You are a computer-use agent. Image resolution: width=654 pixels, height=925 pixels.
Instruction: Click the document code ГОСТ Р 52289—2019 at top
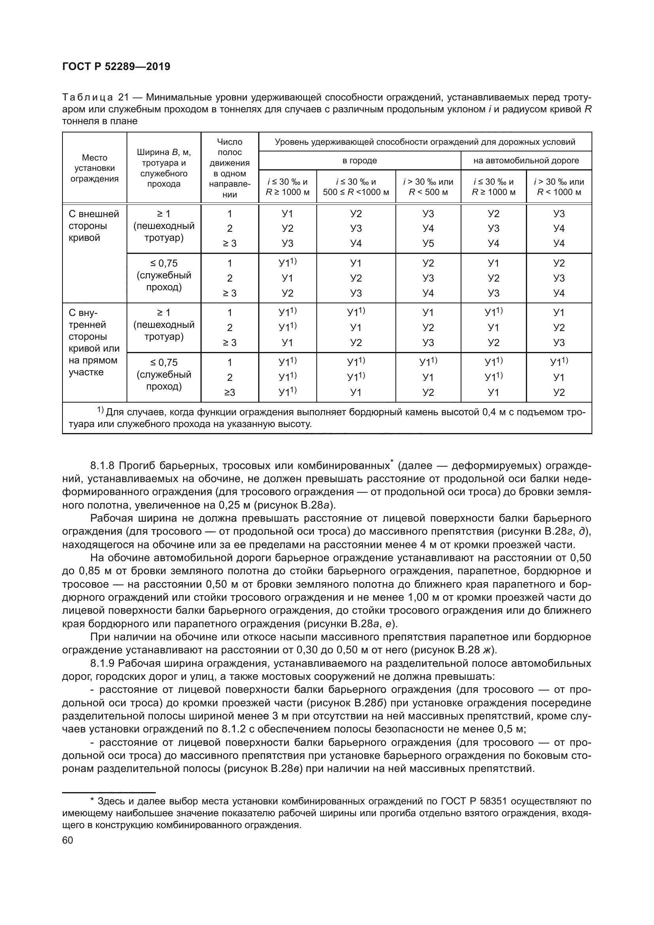coord(116,66)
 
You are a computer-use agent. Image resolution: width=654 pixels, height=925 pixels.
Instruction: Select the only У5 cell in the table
coord(428,243)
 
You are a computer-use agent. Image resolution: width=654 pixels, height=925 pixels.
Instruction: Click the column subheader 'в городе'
coord(359,160)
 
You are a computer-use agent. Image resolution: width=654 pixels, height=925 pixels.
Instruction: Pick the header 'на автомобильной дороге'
coord(526,160)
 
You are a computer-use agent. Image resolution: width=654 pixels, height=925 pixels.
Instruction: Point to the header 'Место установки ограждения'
coord(95,168)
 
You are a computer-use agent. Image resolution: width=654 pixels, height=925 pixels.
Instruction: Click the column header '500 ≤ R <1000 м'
coord(356,192)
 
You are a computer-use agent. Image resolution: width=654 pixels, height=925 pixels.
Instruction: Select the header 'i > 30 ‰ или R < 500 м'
coord(428,187)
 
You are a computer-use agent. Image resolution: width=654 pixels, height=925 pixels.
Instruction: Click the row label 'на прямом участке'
coord(93,366)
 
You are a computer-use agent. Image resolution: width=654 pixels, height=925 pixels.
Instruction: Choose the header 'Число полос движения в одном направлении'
coord(230,168)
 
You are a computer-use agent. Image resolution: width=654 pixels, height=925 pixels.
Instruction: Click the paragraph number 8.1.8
coord(102,466)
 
